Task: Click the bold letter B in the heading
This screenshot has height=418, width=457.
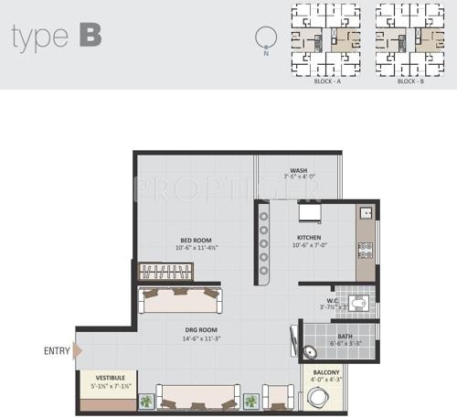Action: [x=90, y=36]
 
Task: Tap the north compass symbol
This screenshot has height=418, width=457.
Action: [x=266, y=39]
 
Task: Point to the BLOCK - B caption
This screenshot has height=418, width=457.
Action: [x=410, y=81]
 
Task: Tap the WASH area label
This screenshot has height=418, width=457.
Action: [x=298, y=170]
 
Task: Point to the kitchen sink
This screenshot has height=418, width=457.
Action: [x=364, y=212]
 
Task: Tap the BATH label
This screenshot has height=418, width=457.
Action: [x=345, y=336]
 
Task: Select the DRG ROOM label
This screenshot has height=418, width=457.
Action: [x=197, y=333]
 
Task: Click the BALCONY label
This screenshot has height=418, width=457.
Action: [x=326, y=372]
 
